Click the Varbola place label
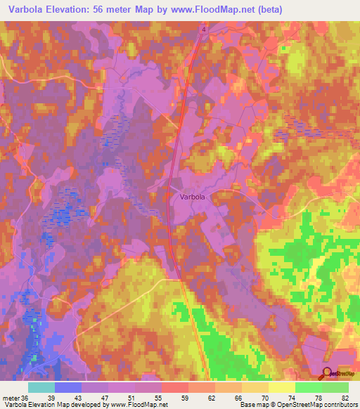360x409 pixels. (x=190, y=197)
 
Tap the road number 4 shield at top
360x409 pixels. (x=202, y=29)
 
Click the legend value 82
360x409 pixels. (x=345, y=398)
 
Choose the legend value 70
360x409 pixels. (x=265, y=398)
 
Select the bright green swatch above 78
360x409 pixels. (x=308, y=387)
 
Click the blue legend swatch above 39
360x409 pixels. (x=67, y=387)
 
